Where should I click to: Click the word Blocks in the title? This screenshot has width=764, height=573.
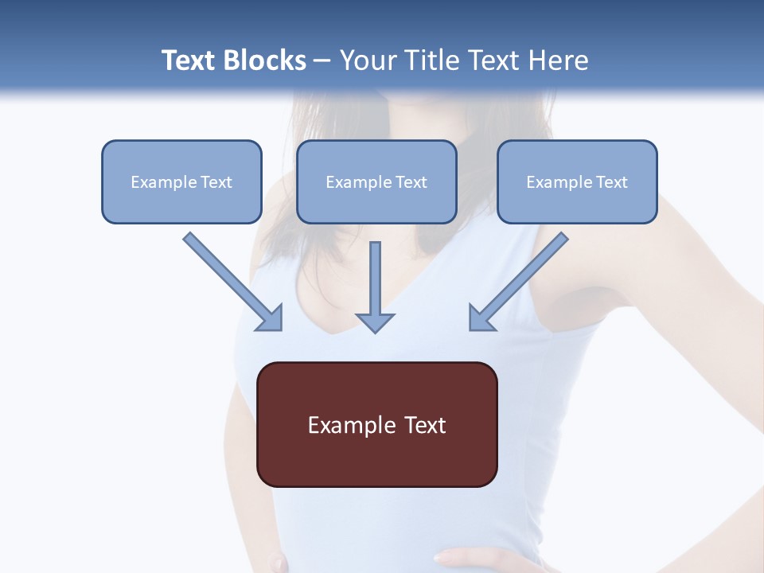coord(267,60)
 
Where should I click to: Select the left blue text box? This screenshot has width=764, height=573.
coord(181,181)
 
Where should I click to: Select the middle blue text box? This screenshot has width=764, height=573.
coord(376,181)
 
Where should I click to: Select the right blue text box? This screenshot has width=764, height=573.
coord(577,181)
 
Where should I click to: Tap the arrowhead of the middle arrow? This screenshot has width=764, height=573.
coord(375,322)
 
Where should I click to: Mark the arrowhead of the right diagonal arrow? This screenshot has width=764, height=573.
coord(481,318)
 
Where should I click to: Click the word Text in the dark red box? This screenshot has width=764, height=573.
coord(424,425)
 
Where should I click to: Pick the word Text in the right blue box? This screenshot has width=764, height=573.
coord(611,182)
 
